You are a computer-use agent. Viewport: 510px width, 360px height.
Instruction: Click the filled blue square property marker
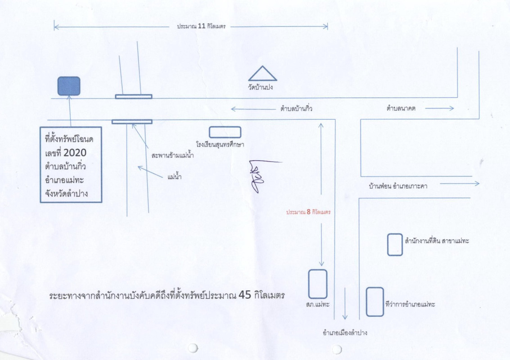pyautogui.click(x=69, y=86)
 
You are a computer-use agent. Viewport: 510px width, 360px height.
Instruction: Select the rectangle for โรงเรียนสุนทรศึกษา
pyautogui.click(x=225, y=132)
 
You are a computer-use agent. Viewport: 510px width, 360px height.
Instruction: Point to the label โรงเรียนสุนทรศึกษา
pyautogui.click(x=220, y=144)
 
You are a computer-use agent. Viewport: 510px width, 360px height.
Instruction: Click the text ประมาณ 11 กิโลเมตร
pyautogui.click(x=201, y=27)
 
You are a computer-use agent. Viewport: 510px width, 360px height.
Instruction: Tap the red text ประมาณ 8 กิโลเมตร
pyautogui.click(x=309, y=211)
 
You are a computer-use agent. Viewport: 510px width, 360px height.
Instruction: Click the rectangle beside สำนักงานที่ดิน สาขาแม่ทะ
pyautogui.click(x=395, y=245)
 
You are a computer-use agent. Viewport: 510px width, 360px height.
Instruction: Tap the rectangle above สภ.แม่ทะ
pyautogui.click(x=317, y=283)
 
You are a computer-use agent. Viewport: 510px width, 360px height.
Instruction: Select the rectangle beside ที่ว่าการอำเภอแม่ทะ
pyautogui.click(x=375, y=301)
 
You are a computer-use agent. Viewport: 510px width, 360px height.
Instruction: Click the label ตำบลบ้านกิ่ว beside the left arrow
pyautogui.click(x=296, y=109)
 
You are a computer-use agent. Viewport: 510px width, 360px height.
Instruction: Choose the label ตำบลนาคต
pyautogui.click(x=401, y=108)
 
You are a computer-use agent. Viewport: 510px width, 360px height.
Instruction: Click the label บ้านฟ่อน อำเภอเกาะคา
pyautogui.click(x=397, y=185)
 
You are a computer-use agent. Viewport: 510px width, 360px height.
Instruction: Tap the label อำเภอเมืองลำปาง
pyautogui.click(x=345, y=333)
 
